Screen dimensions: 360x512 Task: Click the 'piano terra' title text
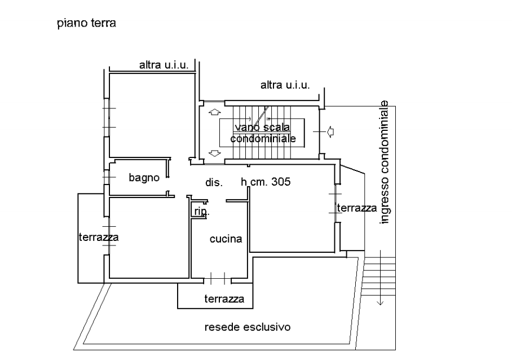(x=86, y=24)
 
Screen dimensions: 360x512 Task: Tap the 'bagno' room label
(x=144, y=177)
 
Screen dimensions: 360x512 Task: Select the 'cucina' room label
(x=226, y=239)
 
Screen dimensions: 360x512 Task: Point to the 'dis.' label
(x=214, y=182)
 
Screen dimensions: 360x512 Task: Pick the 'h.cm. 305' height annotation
(x=266, y=182)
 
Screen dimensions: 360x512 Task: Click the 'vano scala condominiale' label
(x=263, y=133)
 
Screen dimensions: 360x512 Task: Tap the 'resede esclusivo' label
(x=248, y=327)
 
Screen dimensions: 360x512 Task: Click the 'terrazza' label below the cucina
(x=224, y=299)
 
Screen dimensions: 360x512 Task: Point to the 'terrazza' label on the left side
(x=98, y=238)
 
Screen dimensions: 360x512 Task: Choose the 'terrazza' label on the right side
(x=356, y=208)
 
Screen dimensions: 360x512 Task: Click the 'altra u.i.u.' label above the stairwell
(x=285, y=85)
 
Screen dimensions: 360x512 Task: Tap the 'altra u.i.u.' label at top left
(x=164, y=65)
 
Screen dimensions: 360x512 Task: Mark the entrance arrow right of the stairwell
(x=330, y=131)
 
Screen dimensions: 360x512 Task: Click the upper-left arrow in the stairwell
(x=214, y=112)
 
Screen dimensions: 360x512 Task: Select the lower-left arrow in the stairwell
(x=214, y=153)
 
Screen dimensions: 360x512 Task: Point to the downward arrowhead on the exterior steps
(x=381, y=301)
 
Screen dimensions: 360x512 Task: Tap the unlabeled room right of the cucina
(x=293, y=217)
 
